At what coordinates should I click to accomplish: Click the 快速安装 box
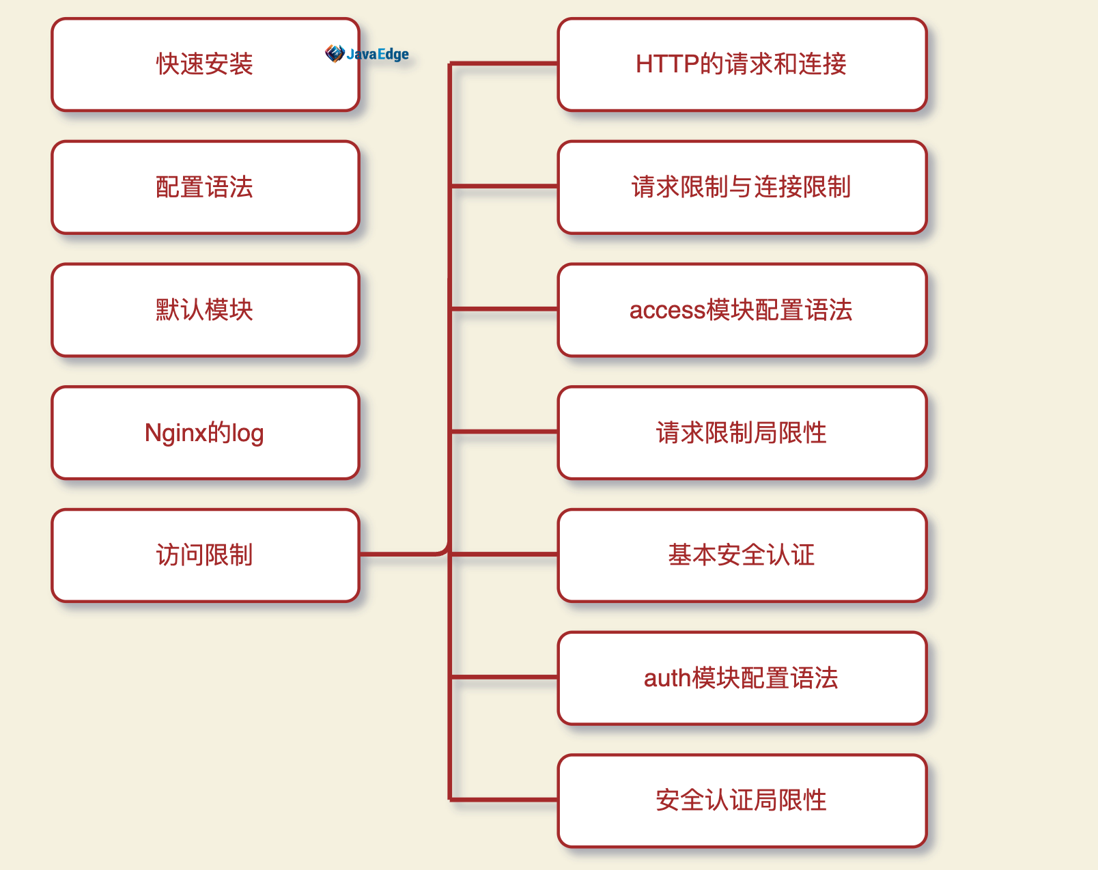[x=205, y=65]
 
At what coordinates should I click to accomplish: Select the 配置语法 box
[x=205, y=187]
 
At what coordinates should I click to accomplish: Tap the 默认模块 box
[x=205, y=310]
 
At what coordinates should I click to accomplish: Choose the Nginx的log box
[x=205, y=433]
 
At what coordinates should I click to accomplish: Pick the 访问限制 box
[x=205, y=555]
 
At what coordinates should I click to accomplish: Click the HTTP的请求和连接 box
[x=742, y=65]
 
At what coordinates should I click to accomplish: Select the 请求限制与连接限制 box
[x=742, y=187]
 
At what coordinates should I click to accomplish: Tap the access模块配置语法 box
[x=742, y=310]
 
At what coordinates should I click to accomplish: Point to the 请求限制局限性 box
[x=742, y=433]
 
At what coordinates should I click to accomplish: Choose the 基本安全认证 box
[x=742, y=555]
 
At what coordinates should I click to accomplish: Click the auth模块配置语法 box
[x=742, y=678]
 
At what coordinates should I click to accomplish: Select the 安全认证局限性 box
[x=742, y=800]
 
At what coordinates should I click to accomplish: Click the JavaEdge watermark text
[x=378, y=54]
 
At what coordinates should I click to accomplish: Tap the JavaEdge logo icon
[x=334, y=53]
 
